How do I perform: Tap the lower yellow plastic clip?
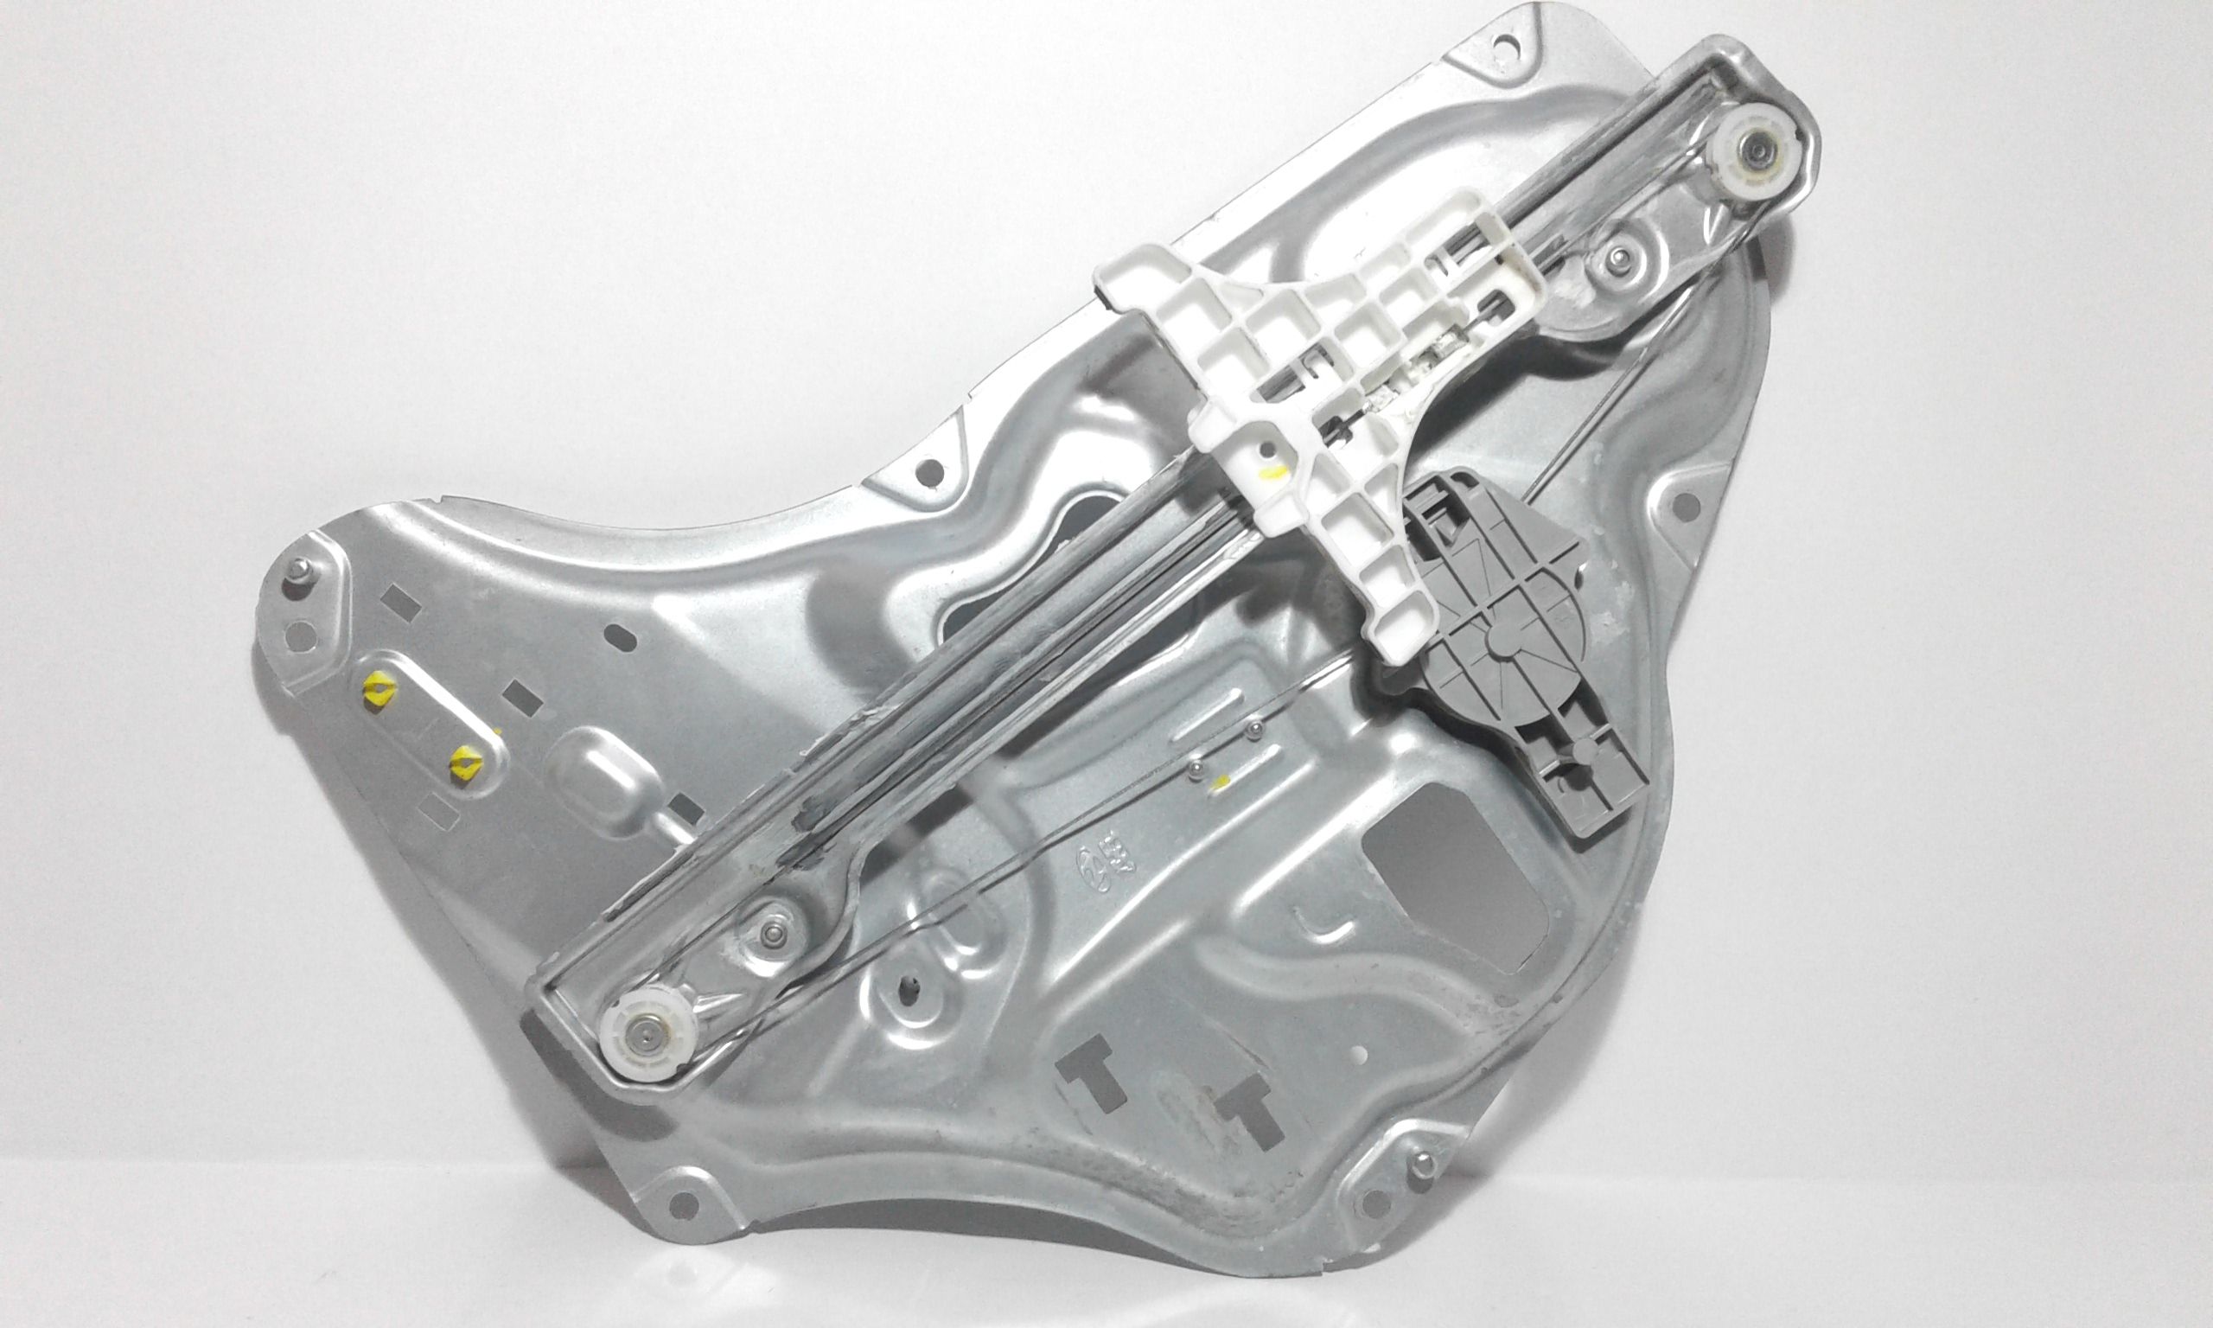pos(466,760)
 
